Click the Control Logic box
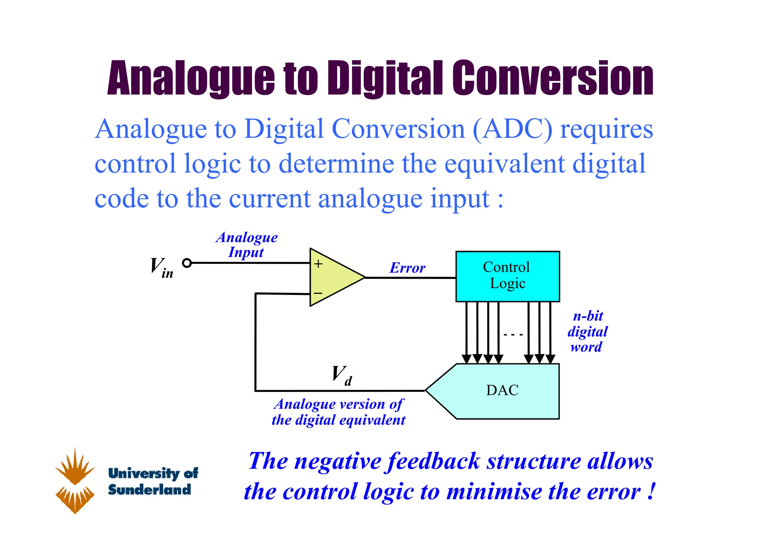508,276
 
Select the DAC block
502,391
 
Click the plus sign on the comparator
318,264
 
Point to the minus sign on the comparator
318,293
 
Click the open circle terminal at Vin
187,263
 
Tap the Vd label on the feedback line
342,375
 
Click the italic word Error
407,268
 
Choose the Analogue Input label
246,245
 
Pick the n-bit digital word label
587,331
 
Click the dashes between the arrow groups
513,335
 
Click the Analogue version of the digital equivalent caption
338,412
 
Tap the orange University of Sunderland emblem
75,480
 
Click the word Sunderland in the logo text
149,489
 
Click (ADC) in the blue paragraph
513,129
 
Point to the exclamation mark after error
650,491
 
